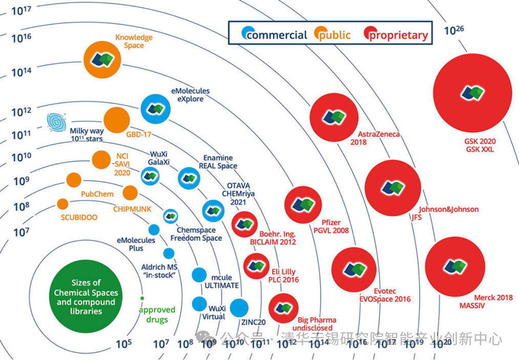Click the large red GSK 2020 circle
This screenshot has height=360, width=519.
472,93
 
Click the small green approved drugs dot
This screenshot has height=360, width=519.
142,298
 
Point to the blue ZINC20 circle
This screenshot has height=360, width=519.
239,308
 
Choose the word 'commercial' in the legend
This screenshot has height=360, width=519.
276,35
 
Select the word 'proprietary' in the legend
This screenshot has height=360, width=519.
398,35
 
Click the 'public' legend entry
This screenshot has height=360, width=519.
335,35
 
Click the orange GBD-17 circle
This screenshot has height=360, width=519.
117,120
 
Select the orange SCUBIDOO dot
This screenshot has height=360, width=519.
62,204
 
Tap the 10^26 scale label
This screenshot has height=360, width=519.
453,30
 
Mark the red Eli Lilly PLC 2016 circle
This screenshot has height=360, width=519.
256,264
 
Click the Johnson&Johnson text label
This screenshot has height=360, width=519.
449,209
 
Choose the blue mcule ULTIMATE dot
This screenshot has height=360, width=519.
198,275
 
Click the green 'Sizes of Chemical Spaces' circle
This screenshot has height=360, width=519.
86,297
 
